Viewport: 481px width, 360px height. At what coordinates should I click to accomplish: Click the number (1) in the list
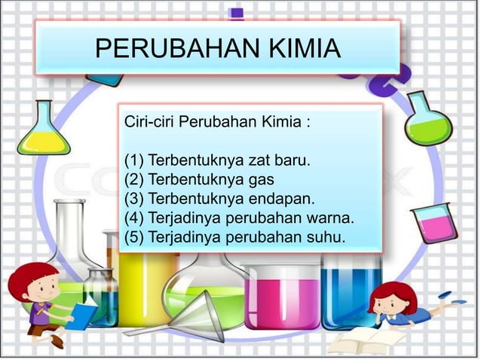click(x=134, y=161)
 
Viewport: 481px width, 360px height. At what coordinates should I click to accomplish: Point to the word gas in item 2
click(x=262, y=180)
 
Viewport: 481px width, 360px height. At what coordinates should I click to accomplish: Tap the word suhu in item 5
click(x=325, y=239)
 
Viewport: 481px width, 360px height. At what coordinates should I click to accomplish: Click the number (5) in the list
click(x=134, y=239)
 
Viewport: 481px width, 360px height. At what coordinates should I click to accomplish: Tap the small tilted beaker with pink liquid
click(x=435, y=223)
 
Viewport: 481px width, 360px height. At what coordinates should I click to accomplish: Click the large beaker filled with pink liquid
click(x=282, y=297)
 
